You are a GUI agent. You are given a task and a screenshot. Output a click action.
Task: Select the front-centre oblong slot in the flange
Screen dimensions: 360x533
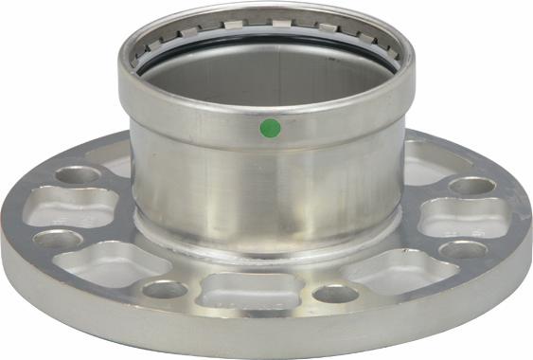[240, 290]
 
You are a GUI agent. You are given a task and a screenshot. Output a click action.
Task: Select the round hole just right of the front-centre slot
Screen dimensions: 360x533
[333, 293]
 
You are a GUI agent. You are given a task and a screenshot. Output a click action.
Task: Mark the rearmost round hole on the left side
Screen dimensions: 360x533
[78, 175]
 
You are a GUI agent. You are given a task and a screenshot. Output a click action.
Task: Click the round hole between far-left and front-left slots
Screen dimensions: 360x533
[59, 240]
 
